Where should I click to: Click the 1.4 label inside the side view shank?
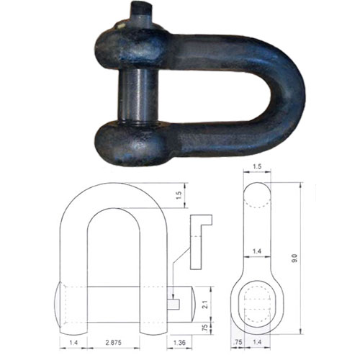pos(258,250)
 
